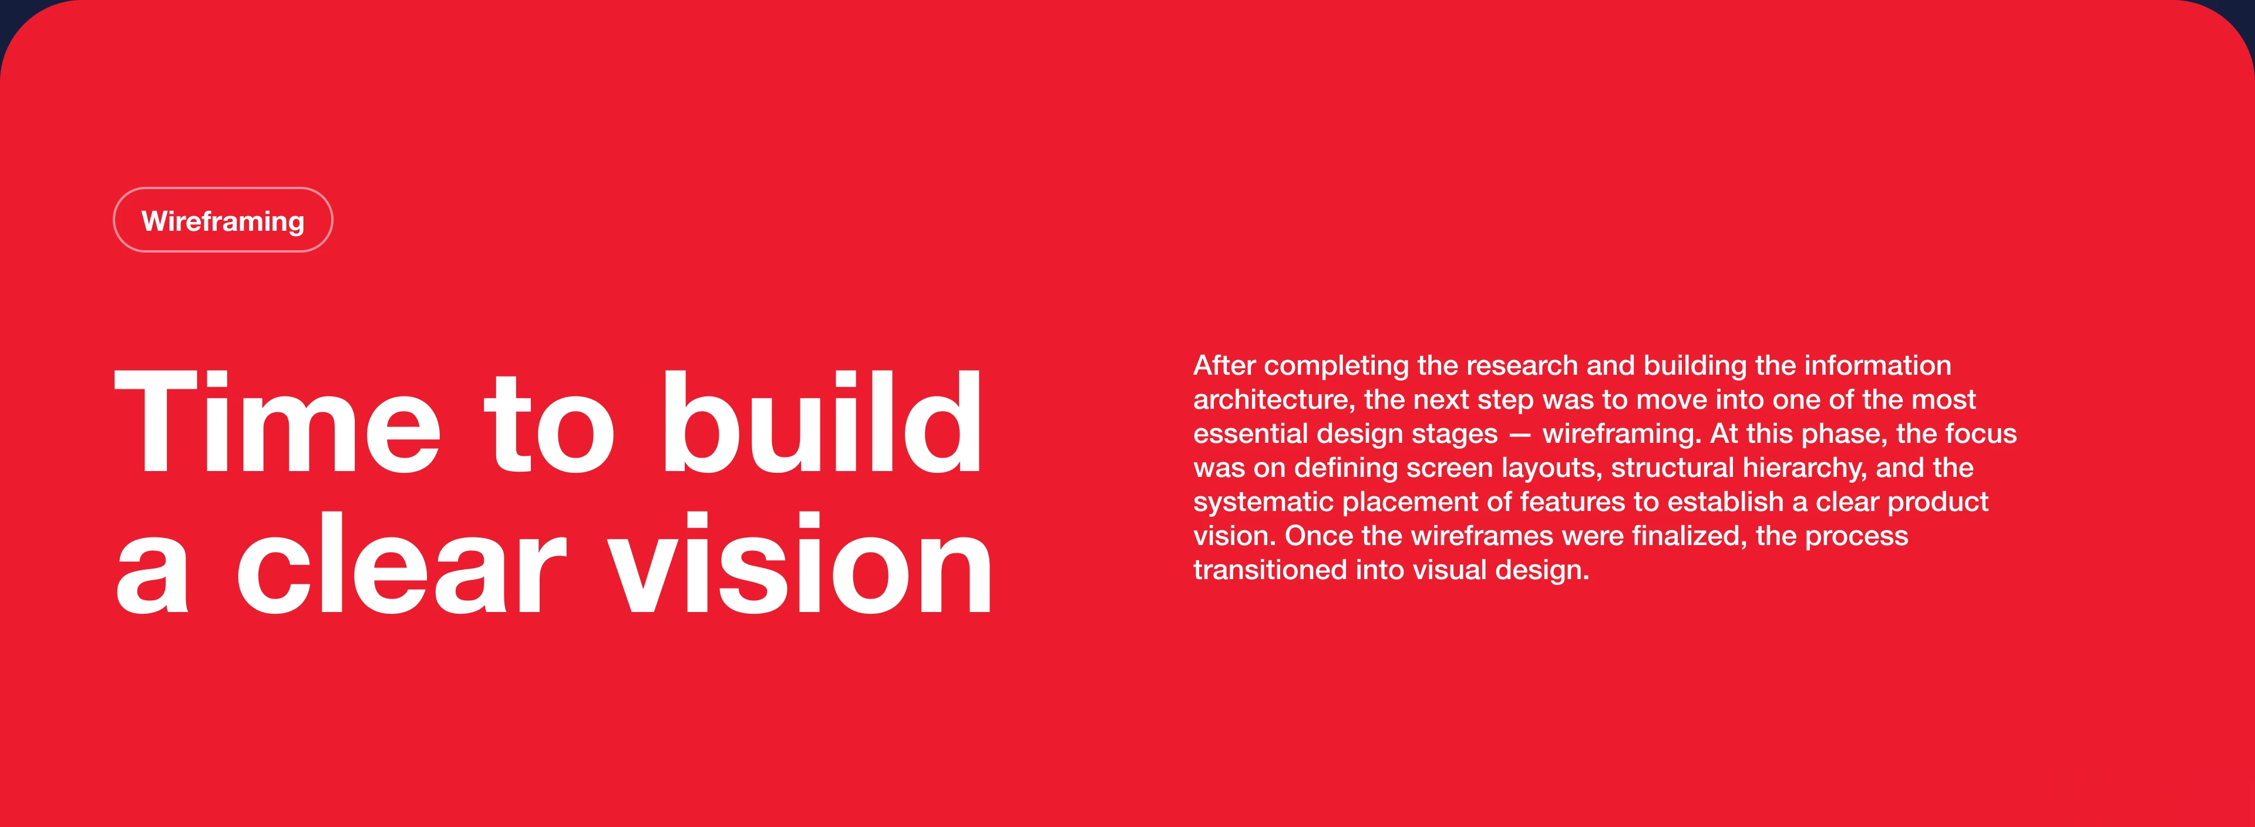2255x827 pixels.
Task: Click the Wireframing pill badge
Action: [x=223, y=220]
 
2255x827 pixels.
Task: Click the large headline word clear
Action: [x=402, y=563]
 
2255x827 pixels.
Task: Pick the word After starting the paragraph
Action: [x=1224, y=365]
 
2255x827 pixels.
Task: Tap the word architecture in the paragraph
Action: [x=1274, y=399]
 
